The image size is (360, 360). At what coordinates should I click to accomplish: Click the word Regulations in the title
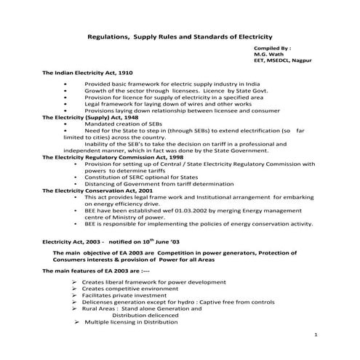pos(107,36)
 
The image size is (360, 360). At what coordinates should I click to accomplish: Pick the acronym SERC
pos(137,177)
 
